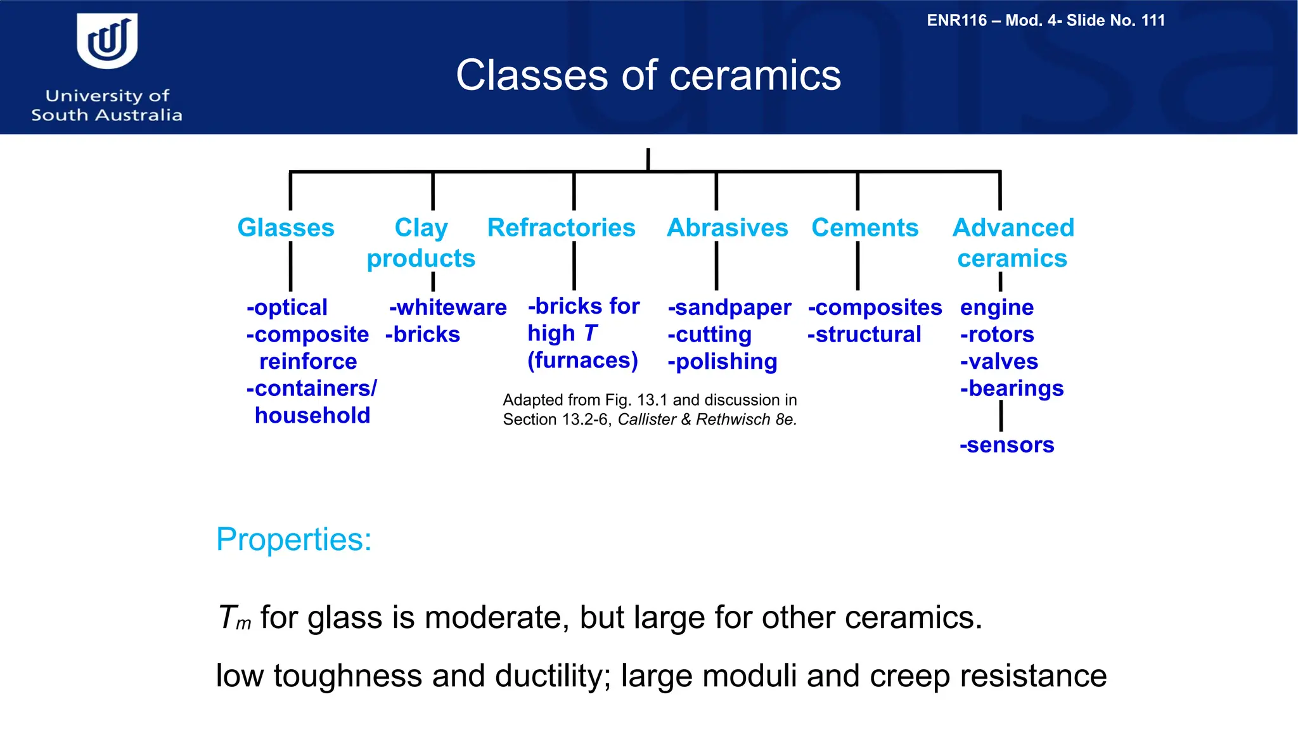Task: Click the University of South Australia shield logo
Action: pyautogui.click(x=107, y=41)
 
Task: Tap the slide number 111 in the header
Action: pyautogui.click(x=1153, y=20)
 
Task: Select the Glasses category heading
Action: pyautogui.click(x=286, y=227)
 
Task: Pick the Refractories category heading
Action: pyautogui.click(x=561, y=227)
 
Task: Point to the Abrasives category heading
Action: pyautogui.click(x=727, y=227)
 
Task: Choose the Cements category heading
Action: pyautogui.click(x=864, y=227)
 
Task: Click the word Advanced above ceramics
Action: pyautogui.click(x=1013, y=227)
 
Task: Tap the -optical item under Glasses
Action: pyautogui.click(x=287, y=307)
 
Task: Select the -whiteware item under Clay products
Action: pyautogui.click(x=447, y=307)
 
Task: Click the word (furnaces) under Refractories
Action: pyautogui.click(x=582, y=360)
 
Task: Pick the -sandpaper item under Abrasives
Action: pyautogui.click(x=729, y=307)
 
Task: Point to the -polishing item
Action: pyautogui.click(x=722, y=361)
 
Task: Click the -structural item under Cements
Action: pyautogui.click(x=864, y=334)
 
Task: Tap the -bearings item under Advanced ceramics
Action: pyautogui.click(x=1012, y=388)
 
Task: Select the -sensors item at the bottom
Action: pyautogui.click(x=1006, y=444)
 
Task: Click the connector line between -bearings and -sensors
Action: pyautogui.click(x=1001, y=416)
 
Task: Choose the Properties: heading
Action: pyautogui.click(x=293, y=539)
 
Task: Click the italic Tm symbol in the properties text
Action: pyautogui.click(x=234, y=618)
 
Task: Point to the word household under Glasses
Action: pyautogui.click(x=312, y=415)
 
